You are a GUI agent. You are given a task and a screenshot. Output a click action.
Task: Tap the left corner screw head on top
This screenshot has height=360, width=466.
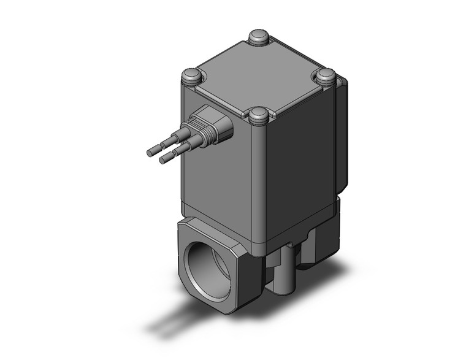[191, 77]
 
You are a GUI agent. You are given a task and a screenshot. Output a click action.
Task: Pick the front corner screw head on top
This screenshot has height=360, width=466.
[259, 114]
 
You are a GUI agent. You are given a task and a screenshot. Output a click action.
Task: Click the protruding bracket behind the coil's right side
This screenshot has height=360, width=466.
[342, 135]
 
